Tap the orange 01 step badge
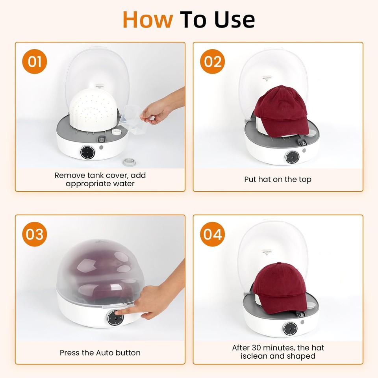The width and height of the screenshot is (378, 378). click(35, 62)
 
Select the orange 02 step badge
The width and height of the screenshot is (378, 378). click(213, 62)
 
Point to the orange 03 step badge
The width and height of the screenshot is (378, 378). click(35, 234)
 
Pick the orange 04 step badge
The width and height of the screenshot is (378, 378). click(213, 234)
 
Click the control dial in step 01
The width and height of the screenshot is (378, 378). click(87, 152)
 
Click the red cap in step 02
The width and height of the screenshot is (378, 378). click(280, 112)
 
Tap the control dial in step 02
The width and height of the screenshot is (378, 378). click(292, 157)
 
